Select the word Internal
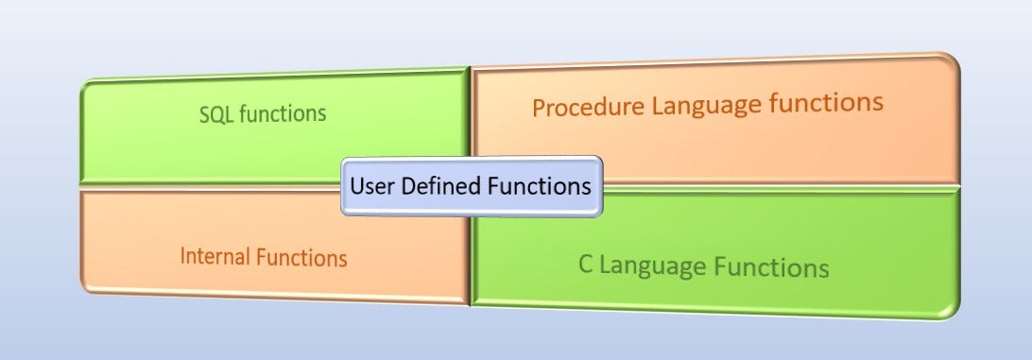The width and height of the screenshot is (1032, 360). [x=215, y=256]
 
